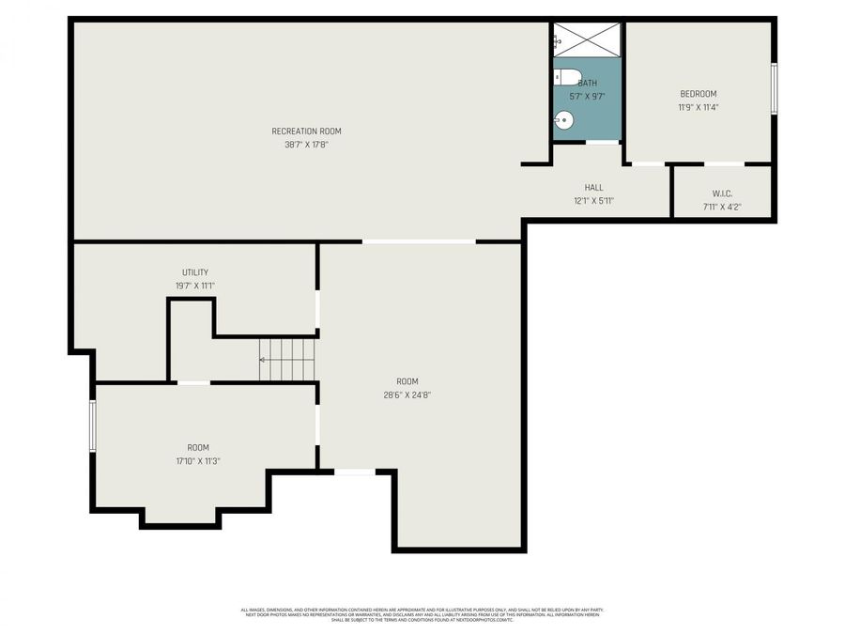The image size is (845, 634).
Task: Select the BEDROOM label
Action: click(698, 93)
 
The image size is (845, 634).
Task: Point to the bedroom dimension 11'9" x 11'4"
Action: click(698, 107)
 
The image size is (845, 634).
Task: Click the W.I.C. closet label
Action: click(722, 193)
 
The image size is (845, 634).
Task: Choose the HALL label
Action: click(593, 187)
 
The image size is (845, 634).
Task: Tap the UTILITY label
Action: click(195, 272)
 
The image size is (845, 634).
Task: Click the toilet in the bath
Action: click(566, 77)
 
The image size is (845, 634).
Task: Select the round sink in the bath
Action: click(563, 119)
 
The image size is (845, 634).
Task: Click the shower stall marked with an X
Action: click(587, 40)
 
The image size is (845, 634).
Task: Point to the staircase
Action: click(287, 360)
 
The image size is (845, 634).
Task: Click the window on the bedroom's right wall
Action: click(774, 88)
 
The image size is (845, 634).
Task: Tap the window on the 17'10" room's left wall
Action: click(92, 425)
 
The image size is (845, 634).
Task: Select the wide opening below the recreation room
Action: click(419, 241)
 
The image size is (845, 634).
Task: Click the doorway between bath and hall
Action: click(603, 143)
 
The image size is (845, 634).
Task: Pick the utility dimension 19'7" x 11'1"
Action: click(195, 286)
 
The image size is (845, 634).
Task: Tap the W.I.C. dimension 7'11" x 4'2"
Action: click(722, 206)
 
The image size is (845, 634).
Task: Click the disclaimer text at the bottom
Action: click(422, 614)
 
